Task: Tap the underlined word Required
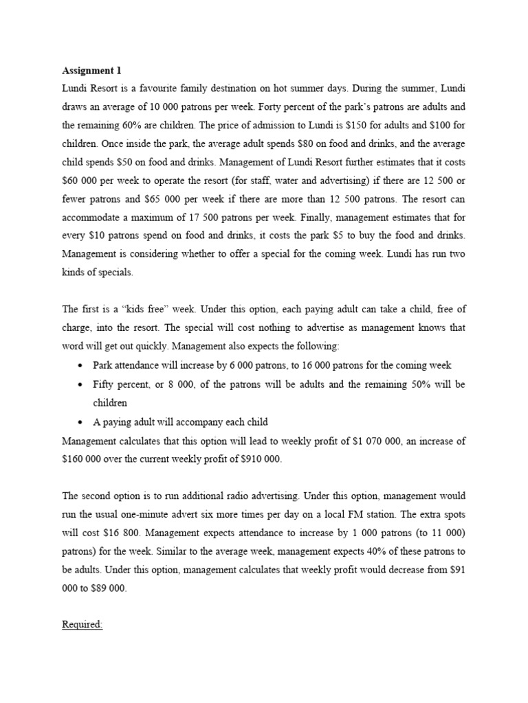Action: pyautogui.click(x=82, y=625)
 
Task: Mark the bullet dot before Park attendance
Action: pyautogui.click(x=81, y=366)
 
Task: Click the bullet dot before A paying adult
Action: pyautogui.click(x=81, y=422)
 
